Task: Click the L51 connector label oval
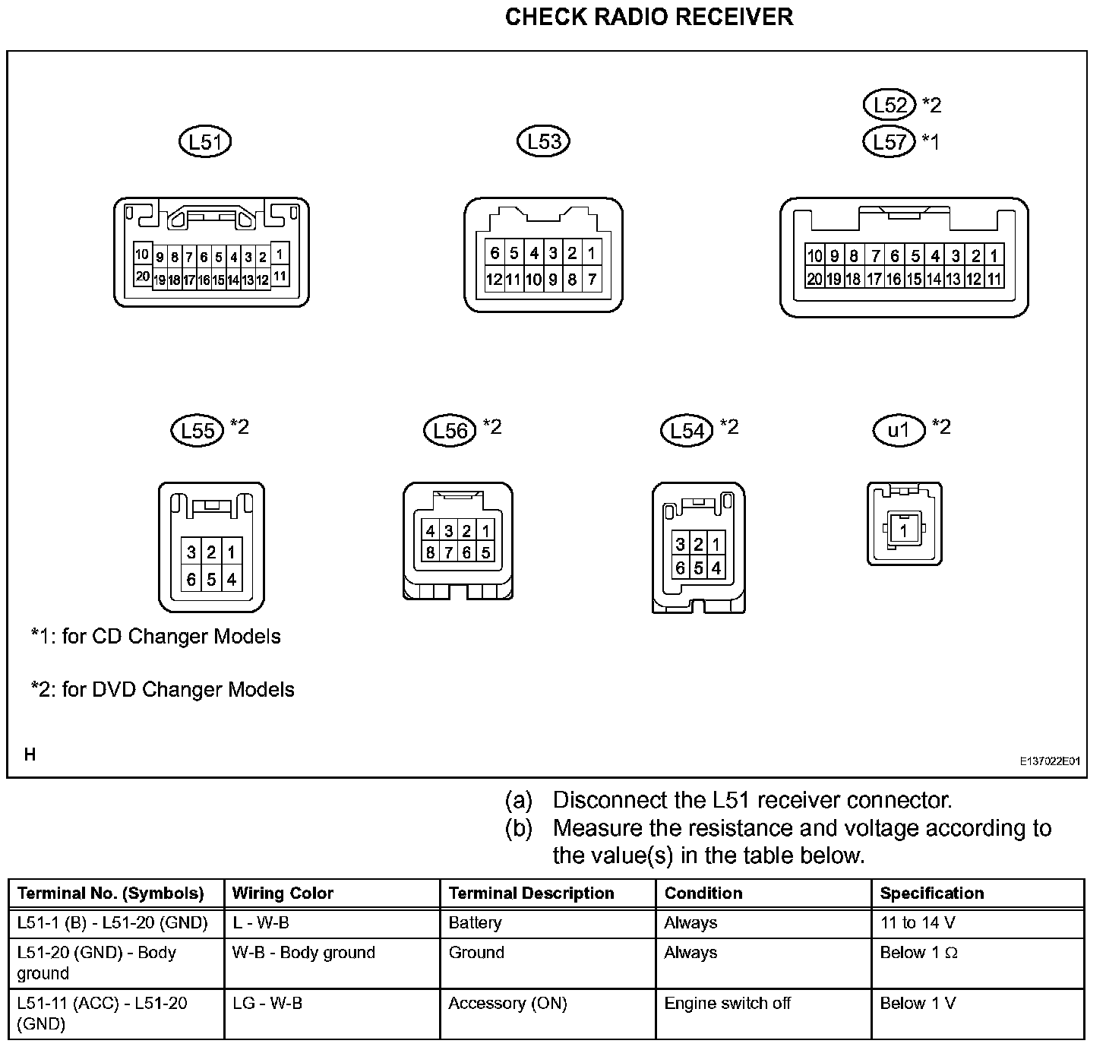205,142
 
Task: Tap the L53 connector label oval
544,141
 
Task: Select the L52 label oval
890,105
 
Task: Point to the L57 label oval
890,141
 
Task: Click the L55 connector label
198,431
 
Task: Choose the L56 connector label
450,431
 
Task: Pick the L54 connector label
687,431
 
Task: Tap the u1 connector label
899,431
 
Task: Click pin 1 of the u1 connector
903,530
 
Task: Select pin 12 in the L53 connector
495,280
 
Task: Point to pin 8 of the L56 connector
431,552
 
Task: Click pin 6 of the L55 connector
191,580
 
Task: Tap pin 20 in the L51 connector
142,277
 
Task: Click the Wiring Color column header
283,893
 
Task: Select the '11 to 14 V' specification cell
918,923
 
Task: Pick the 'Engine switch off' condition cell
727,1004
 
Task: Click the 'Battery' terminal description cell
475,923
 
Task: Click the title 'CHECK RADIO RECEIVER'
649,17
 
